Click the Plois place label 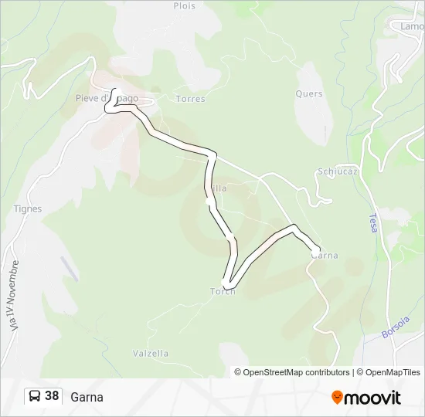point(185,6)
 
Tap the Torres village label point(190,99)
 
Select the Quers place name point(308,94)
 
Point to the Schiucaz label point(337,171)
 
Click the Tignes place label point(28,208)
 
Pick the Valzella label point(151,354)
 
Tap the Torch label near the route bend point(223,291)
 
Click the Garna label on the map point(325,256)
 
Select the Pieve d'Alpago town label point(107,98)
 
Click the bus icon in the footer point(34,397)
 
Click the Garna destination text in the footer point(87,398)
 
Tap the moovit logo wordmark point(373,398)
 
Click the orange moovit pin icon point(337,398)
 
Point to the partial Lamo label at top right point(413,25)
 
